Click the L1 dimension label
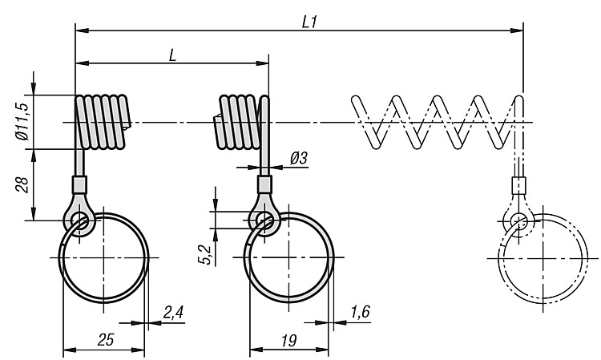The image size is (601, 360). click(309, 22)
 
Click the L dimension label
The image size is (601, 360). click(172, 56)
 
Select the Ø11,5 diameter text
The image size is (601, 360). click(22, 122)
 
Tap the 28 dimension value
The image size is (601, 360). click(22, 184)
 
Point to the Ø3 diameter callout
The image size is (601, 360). click(299, 158)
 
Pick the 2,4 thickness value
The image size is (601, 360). click(173, 313)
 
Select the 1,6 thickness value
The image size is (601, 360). click(361, 312)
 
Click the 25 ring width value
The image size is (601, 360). click(106, 340)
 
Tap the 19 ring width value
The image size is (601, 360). click(288, 340)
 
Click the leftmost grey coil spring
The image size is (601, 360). click(103, 122)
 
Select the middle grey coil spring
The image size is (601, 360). click(238, 122)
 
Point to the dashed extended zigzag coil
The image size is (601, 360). click(437, 122)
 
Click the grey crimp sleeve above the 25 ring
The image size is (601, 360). click(79, 184)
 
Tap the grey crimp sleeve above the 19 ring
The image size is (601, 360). click(264, 184)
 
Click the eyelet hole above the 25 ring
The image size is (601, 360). click(79, 220)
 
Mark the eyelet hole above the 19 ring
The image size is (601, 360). click(264, 220)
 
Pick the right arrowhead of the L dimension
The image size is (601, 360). click(263, 63)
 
